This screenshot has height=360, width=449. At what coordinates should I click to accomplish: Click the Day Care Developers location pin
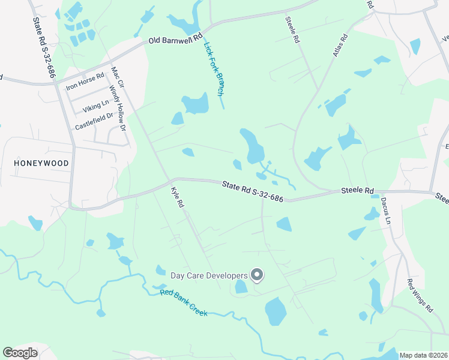[257, 275]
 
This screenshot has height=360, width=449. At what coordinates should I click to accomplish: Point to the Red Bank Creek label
[183, 303]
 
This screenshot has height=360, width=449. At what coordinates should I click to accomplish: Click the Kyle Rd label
[176, 197]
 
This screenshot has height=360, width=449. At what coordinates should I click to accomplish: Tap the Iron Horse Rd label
[85, 85]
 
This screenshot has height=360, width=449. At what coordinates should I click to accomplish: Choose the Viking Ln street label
[96, 106]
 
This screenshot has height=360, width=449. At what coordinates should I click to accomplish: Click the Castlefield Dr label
[94, 122]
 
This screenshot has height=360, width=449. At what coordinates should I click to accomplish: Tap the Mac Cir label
[117, 77]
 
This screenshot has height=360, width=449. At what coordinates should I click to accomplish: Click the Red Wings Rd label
[420, 295]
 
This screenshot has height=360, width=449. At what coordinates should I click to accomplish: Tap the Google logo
[20, 353]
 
